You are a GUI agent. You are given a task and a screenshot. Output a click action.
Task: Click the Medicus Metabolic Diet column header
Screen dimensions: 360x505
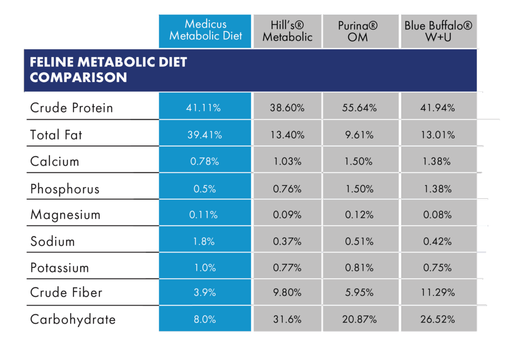(205, 30)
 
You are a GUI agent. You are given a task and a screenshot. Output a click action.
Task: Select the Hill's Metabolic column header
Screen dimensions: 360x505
(287, 31)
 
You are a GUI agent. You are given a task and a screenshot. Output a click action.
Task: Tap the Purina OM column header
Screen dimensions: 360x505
(361, 31)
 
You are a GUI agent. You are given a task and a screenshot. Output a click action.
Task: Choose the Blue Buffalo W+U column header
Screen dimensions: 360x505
(438, 31)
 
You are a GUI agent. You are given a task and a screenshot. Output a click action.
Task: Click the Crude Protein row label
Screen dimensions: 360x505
(72, 108)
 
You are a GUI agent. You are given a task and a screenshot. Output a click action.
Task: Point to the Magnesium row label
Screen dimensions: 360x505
(65, 215)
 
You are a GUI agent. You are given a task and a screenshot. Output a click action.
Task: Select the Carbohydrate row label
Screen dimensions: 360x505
(72, 319)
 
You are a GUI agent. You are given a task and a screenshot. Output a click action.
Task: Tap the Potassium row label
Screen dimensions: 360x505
(60, 268)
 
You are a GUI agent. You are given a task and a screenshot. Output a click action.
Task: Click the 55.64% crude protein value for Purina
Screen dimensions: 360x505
(360, 108)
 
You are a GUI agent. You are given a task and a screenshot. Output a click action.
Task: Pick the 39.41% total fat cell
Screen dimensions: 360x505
(205, 135)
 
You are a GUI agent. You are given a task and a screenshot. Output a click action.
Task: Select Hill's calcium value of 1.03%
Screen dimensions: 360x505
(287, 161)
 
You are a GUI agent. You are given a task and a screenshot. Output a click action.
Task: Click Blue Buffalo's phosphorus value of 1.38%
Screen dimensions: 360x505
(437, 188)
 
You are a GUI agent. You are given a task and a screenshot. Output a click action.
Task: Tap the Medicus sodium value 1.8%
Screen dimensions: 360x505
(205, 241)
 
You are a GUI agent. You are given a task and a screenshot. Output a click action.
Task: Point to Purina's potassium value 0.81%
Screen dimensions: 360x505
(360, 268)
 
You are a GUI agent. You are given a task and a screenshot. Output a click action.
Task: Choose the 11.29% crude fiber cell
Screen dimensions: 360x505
(437, 292)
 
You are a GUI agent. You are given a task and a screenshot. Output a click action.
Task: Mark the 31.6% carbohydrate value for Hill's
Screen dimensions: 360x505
(287, 319)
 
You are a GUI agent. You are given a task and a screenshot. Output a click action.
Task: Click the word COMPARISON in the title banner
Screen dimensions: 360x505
(78, 77)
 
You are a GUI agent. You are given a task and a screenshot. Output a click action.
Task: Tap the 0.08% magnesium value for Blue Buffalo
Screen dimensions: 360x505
(437, 215)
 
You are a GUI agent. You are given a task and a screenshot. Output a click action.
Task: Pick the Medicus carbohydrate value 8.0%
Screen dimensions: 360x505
(205, 319)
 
